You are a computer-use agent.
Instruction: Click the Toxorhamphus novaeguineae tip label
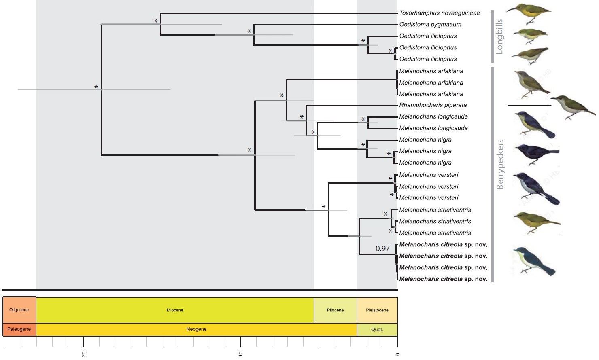pos(440,13)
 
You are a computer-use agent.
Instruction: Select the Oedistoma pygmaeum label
pos(430,25)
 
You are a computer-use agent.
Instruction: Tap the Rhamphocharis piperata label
pos(433,105)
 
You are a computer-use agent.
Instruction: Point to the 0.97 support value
pos(382,248)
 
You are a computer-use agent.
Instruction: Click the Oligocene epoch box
pos(19,310)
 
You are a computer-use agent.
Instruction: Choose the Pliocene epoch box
pos(335,310)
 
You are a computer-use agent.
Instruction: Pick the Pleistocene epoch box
pos(377,310)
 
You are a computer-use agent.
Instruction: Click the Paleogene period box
pos(19,329)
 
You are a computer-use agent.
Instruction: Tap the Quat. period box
pos(377,329)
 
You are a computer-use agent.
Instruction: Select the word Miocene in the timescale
pos(175,310)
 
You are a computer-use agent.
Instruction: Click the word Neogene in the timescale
pos(196,329)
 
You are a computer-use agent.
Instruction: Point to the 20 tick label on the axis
pos(84,354)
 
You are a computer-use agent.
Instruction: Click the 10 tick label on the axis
pos(241,354)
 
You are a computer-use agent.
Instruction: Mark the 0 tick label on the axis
pos(397,354)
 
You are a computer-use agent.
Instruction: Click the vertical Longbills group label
pos(499,36)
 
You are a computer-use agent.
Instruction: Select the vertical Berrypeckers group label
pos(500,164)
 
